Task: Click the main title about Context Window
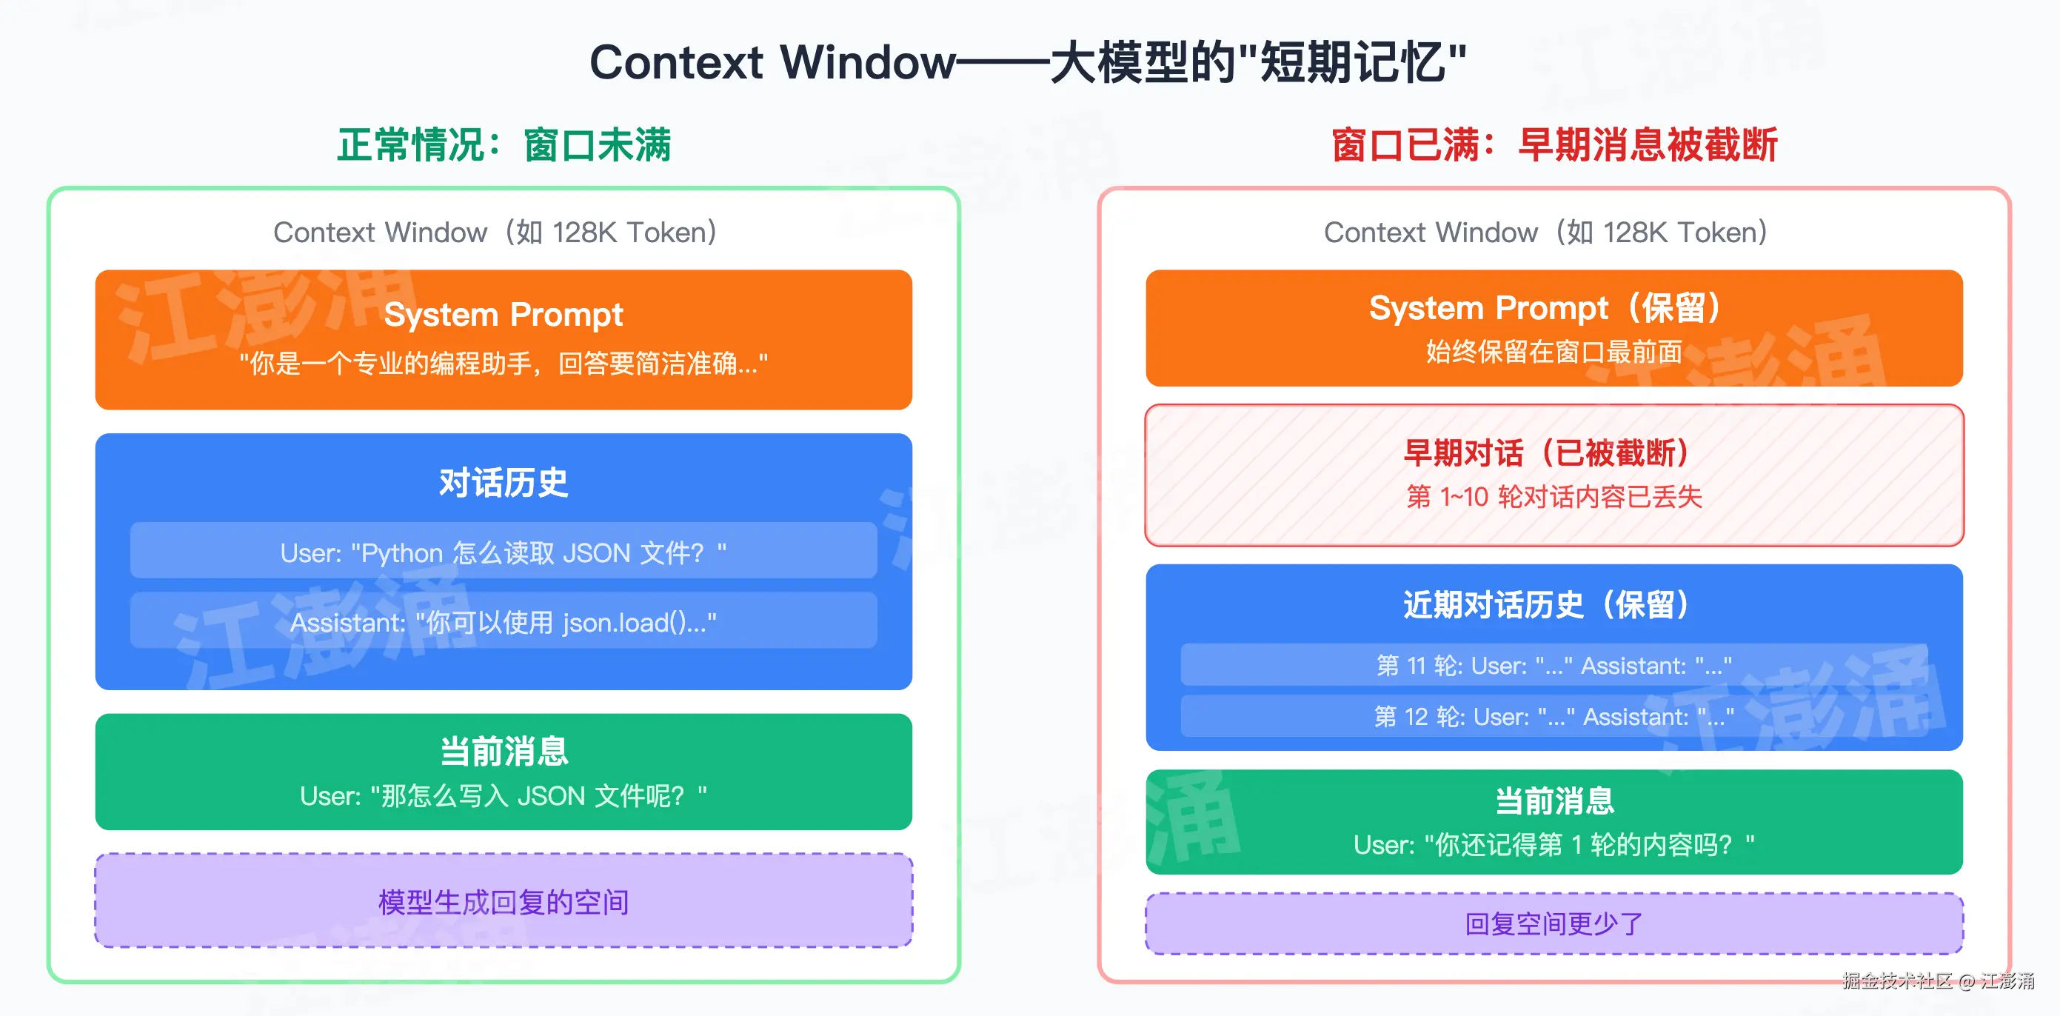(1029, 61)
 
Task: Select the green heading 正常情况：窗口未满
(504, 145)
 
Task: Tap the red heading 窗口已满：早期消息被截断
(1554, 145)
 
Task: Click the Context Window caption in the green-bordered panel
(495, 232)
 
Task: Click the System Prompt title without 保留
(503, 315)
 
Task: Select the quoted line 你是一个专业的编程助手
(504, 363)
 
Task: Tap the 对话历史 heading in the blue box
(503, 482)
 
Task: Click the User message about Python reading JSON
(504, 551)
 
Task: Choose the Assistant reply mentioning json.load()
(504, 621)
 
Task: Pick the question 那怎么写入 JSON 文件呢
(504, 795)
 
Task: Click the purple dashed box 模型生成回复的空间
(504, 900)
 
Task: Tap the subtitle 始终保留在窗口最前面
(1554, 351)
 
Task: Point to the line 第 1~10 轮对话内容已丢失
(1554, 496)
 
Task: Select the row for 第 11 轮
(1554, 665)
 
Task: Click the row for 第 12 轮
(1554, 716)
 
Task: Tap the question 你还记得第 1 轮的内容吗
(1554, 844)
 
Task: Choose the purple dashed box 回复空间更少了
(1554, 923)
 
